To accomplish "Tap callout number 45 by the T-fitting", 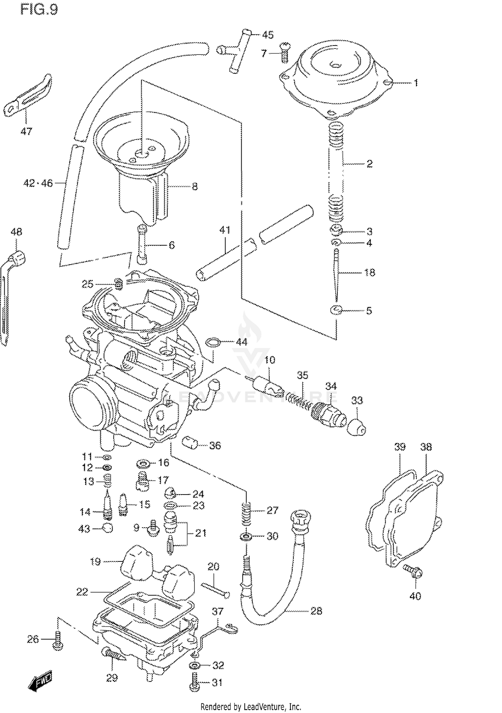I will click(267, 34).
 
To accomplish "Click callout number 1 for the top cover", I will click(416, 83).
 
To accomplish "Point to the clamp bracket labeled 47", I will click(30, 96).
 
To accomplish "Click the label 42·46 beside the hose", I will click(38, 183).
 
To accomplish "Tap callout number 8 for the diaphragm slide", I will click(194, 186).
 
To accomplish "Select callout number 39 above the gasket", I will click(400, 447).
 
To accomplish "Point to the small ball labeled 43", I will click(107, 528).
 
